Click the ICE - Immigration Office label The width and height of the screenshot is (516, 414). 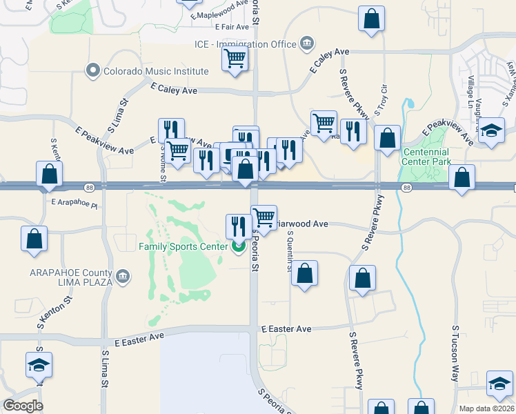click(x=245, y=44)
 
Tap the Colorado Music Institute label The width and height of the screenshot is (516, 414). click(x=156, y=71)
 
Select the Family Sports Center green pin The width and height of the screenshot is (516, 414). click(x=239, y=246)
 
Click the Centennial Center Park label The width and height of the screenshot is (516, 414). click(x=426, y=157)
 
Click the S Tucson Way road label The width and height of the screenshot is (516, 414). click(x=455, y=353)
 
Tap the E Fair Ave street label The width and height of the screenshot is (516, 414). click(x=232, y=27)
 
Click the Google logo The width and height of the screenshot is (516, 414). click(x=23, y=406)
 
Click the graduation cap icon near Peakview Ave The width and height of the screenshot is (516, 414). click(x=491, y=130)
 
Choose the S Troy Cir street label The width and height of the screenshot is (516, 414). click(x=378, y=101)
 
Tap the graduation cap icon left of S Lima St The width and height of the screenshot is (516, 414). click(x=39, y=365)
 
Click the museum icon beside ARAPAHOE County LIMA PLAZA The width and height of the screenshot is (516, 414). click(x=123, y=277)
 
